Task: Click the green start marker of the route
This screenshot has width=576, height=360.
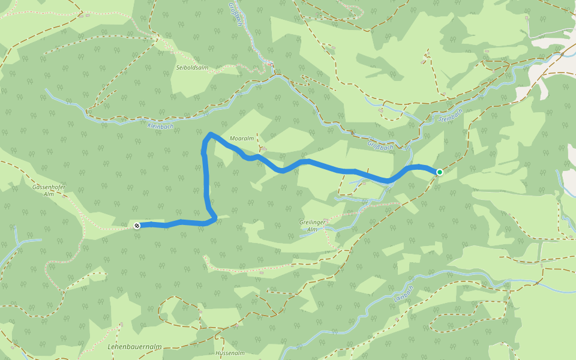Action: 439,172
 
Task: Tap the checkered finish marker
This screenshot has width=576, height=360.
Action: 137,226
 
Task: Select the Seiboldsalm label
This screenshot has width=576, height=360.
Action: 192,68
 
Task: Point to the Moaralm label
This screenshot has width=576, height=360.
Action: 242,139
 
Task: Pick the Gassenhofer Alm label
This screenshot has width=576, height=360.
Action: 49,191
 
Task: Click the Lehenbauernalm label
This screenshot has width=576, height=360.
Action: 134,347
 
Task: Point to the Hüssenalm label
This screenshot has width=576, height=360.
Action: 230,353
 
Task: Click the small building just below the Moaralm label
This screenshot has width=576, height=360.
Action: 263,148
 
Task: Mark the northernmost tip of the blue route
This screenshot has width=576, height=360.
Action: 211,133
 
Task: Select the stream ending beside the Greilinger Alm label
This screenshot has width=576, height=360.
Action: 301,235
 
